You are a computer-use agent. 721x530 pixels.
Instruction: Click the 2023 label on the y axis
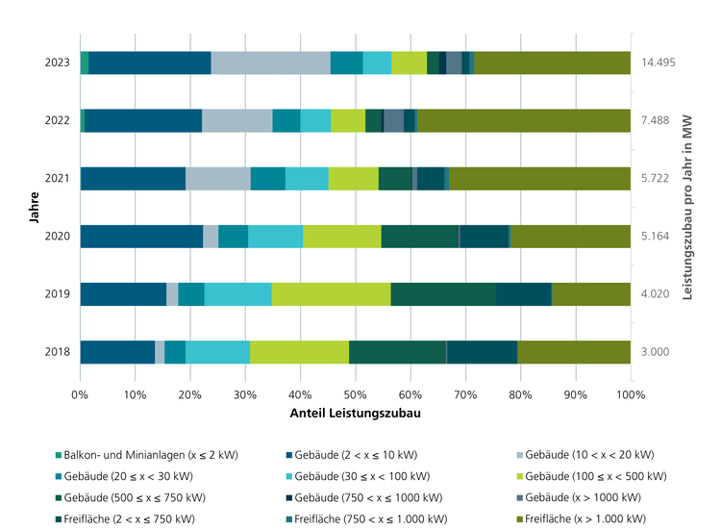click(x=57, y=63)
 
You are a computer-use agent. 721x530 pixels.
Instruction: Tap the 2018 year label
click(x=57, y=352)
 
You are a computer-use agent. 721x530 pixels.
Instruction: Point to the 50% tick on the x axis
click(x=356, y=394)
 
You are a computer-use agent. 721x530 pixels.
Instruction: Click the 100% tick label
click(x=630, y=394)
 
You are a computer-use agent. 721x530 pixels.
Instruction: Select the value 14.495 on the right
click(x=658, y=63)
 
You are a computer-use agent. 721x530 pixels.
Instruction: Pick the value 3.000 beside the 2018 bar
click(x=656, y=352)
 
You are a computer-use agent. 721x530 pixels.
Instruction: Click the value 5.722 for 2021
click(x=656, y=179)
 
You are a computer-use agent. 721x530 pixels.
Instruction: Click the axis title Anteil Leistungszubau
click(x=355, y=414)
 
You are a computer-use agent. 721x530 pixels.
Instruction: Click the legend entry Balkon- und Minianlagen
click(x=158, y=454)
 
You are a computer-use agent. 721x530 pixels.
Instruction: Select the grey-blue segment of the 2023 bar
click(x=270, y=63)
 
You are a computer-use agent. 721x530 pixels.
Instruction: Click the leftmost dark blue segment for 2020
click(x=141, y=237)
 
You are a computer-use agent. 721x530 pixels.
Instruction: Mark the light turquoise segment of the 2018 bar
click(x=217, y=352)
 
